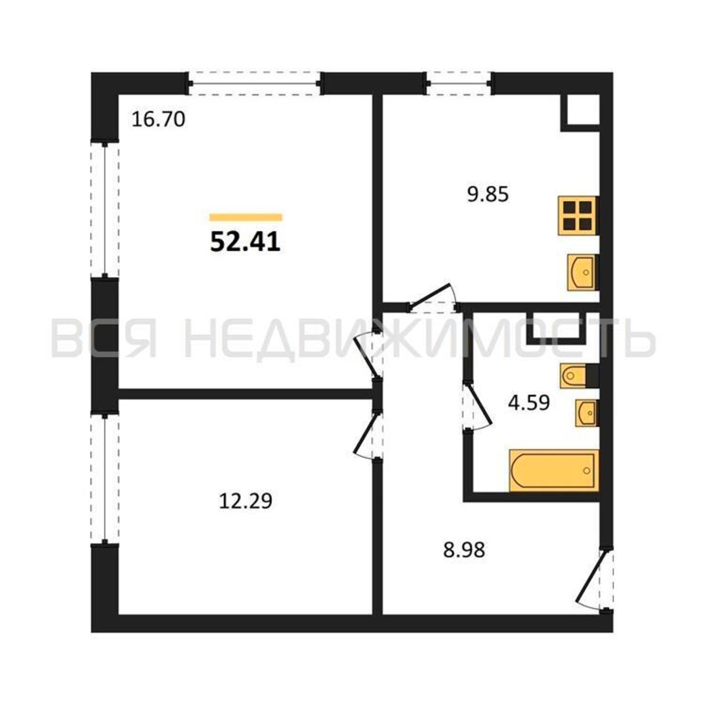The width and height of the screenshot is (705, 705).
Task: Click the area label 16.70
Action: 158,120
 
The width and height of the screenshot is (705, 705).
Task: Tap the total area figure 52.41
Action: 245,242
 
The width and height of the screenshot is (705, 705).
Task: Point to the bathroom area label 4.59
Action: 529,403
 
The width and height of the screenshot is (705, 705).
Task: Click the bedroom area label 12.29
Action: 246,501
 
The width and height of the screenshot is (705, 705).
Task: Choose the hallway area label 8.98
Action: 464,560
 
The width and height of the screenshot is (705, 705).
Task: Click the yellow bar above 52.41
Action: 246,217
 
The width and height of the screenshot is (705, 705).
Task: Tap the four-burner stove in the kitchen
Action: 578,215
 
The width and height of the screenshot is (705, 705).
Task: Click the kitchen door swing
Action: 433,299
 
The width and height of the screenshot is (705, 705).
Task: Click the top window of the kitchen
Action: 458,84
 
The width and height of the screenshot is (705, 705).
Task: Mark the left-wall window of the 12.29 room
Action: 105,479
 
